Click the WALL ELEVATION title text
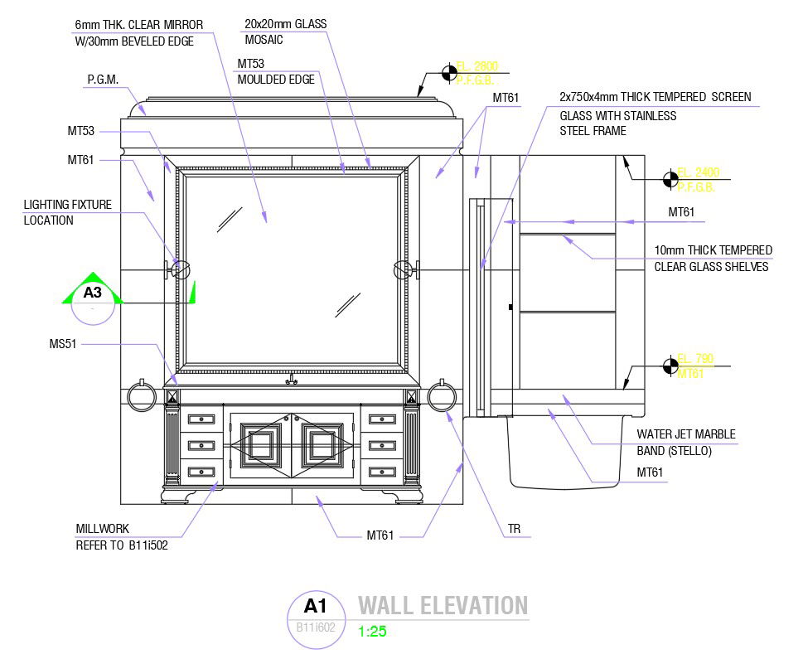coord(443,606)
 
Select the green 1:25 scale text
coord(372,632)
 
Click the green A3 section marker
coord(92,292)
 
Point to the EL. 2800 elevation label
coord(480,65)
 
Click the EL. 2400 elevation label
coord(698,172)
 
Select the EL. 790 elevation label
coord(694,359)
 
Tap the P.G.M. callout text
coord(103,80)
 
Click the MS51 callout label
coord(63,343)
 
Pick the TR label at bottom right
coord(515,528)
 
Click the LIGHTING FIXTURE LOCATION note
coord(67,212)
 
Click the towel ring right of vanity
coord(443,397)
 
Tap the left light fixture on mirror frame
coord(181,269)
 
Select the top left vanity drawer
coord(201,419)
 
